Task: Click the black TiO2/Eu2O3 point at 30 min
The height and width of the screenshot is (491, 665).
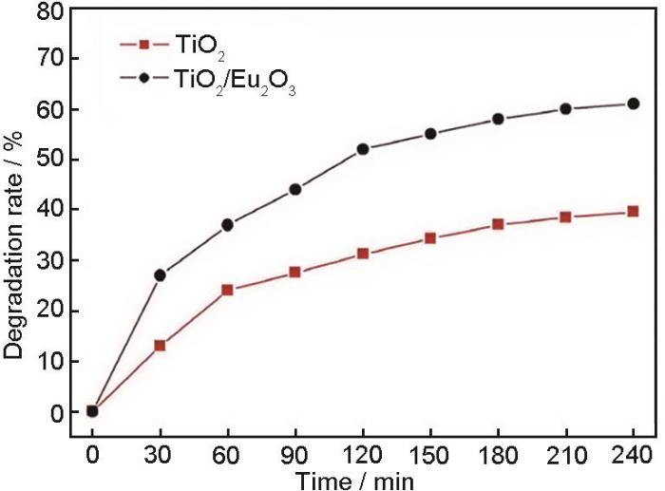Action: pos(160,275)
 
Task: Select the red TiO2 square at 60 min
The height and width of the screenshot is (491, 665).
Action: pos(227,290)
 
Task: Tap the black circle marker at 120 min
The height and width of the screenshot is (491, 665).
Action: pos(362,149)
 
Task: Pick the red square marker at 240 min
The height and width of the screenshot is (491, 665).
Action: pos(633,211)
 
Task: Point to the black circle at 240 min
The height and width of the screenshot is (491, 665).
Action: pos(633,104)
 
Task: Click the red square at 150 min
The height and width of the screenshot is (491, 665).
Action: pos(429,237)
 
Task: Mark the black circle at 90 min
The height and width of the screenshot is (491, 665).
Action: pos(294,189)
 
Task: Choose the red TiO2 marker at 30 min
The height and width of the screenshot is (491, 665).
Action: pos(160,345)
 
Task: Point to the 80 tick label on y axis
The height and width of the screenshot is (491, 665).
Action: pos(49,9)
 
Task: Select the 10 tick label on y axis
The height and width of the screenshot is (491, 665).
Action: pos(49,362)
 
